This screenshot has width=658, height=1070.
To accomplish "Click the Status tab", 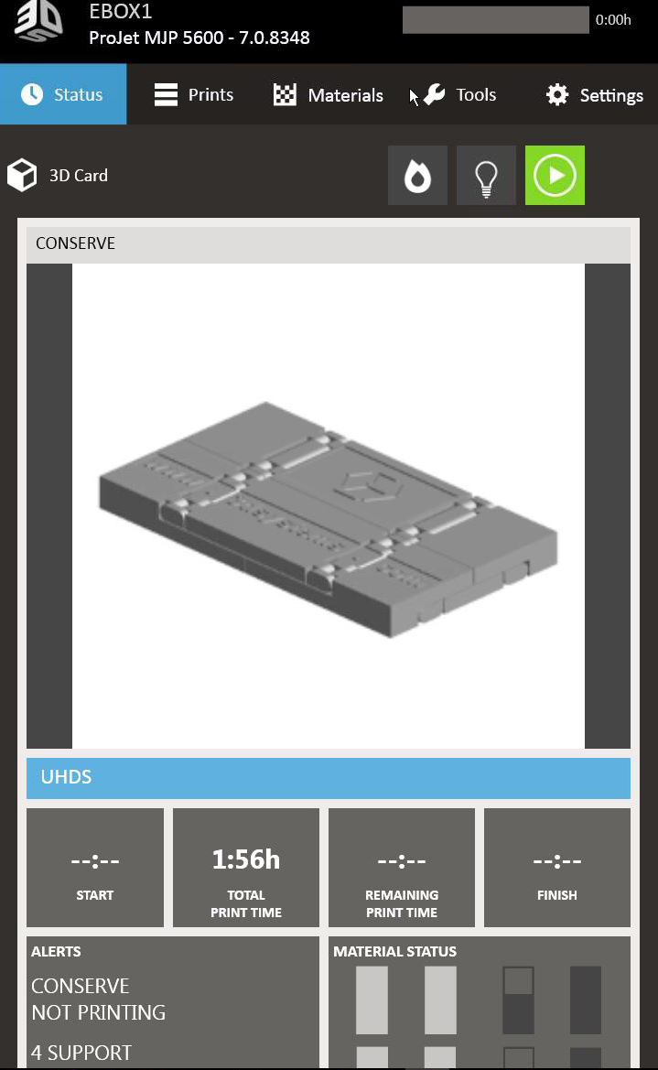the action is coord(63,94).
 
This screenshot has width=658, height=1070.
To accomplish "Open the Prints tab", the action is coord(194,94).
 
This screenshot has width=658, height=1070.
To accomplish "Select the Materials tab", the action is coord(329,95).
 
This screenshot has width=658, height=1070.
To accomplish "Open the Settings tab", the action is coord(595,95).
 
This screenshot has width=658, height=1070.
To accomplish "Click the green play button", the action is coord(555,176).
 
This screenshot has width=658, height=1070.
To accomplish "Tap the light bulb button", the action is coord(486,176).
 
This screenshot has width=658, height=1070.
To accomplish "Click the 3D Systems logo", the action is coord(39,21).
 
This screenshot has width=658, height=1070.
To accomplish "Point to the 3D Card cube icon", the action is coord(22,176).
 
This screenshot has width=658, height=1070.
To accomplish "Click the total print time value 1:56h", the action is coord(246,859).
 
